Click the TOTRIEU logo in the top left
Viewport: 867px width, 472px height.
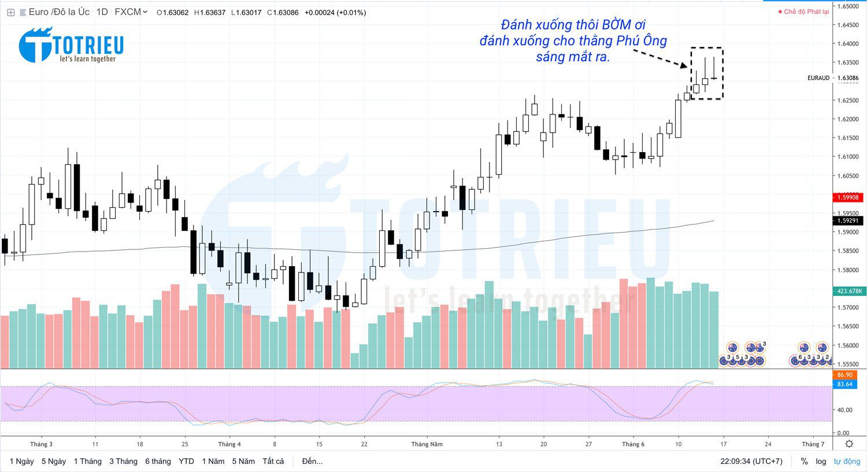(71, 45)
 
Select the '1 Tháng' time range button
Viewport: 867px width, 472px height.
(87, 461)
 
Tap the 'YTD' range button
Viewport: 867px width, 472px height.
(186, 461)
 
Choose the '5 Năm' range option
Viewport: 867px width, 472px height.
(243, 461)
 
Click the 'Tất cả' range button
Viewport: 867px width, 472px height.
(273, 461)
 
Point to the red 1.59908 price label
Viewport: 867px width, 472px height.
(848, 197)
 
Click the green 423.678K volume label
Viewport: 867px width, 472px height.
(848, 291)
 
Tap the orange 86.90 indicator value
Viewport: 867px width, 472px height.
(844, 375)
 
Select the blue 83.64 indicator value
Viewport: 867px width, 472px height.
(844, 384)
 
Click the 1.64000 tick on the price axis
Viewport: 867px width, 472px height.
(848, 43)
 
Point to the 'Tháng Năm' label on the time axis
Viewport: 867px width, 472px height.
(427, 444)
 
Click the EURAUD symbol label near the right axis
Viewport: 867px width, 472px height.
(818, 78)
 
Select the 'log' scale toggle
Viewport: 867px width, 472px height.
(821, 461)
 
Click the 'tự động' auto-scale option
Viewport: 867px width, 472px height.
(847, 461)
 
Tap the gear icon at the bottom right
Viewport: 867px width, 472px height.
(849, 444)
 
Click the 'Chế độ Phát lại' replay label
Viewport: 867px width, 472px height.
(806, 12)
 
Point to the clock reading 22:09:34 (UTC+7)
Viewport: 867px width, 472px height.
(751, 461)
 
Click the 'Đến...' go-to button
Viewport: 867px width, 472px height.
(312, 461)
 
